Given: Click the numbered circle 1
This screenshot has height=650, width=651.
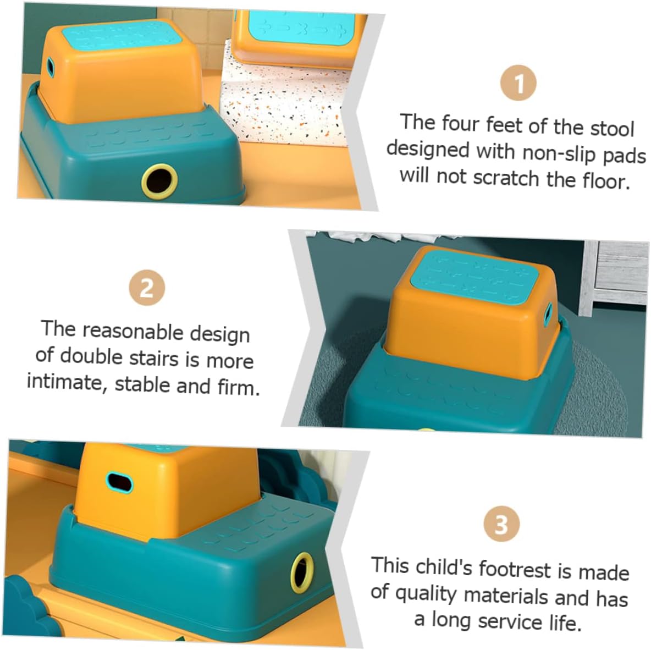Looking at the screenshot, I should (518, 84).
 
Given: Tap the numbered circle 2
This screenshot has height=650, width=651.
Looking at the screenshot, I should (147, 288).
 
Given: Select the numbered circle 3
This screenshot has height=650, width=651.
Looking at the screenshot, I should (501, 525).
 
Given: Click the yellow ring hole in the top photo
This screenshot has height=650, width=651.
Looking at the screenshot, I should (159, 180).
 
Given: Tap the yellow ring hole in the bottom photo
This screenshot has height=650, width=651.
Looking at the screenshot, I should (301, 572).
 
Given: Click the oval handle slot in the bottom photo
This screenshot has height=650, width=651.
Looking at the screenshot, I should (119, 482).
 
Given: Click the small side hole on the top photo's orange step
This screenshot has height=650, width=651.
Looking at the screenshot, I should (51, 67).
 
